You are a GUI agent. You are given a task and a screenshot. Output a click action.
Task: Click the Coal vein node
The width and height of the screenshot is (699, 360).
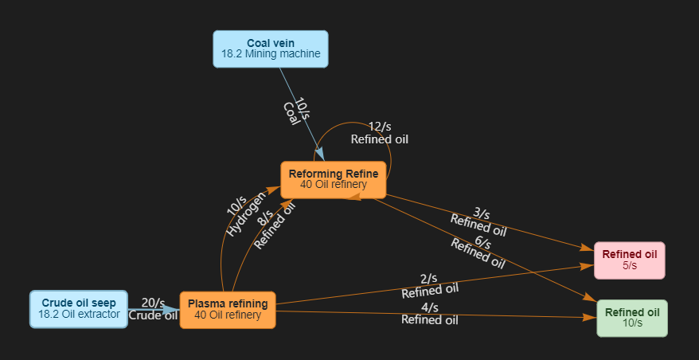point(270,49)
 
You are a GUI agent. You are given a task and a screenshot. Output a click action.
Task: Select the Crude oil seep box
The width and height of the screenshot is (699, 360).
point(78,309)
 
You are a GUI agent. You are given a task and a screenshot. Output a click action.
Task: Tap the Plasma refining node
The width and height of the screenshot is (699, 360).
point(228,309)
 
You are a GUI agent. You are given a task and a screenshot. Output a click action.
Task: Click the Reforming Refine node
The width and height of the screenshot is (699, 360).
point(333,179)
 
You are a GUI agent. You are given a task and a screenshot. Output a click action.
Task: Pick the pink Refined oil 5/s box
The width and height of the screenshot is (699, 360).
point(629,260)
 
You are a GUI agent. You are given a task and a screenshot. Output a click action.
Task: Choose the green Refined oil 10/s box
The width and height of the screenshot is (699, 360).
point(632,318)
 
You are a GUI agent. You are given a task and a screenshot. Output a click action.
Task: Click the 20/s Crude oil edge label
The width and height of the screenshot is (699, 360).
point(153,308)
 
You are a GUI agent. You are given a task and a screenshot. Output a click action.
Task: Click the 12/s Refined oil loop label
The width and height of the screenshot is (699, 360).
point(380,133)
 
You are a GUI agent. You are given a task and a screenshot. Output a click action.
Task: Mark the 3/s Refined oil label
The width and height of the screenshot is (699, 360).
point(479,221)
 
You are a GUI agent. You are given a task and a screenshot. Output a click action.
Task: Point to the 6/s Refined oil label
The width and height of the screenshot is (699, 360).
point(479,248)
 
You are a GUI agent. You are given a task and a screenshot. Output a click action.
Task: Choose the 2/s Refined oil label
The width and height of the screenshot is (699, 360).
point(429,285)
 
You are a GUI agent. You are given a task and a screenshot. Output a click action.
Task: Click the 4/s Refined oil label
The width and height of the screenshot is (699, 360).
point(429,314)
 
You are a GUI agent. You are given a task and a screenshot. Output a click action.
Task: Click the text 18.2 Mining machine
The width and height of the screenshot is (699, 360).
point(271,55)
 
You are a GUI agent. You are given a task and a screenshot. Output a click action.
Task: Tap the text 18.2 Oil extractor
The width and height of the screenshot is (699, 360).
point(78,315)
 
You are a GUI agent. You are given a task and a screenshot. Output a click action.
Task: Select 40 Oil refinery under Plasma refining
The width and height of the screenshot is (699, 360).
point(228,315)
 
